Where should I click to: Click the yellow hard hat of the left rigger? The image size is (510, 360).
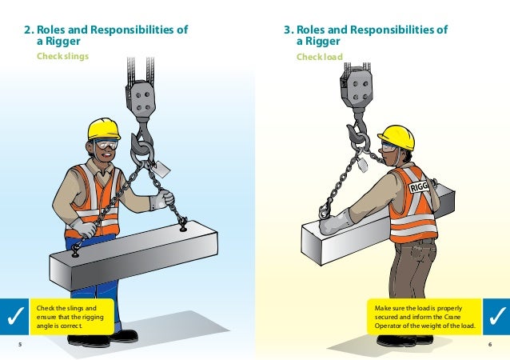[x=103, y=128]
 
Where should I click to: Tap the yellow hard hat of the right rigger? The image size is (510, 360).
[x=396, y=136]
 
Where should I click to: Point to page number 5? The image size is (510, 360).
[x=20, y=344]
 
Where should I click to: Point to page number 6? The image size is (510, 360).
[x=489, y=344]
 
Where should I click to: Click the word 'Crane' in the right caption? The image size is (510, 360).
[x=459, y=316]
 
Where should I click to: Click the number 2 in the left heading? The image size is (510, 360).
[x=28, y=31]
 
